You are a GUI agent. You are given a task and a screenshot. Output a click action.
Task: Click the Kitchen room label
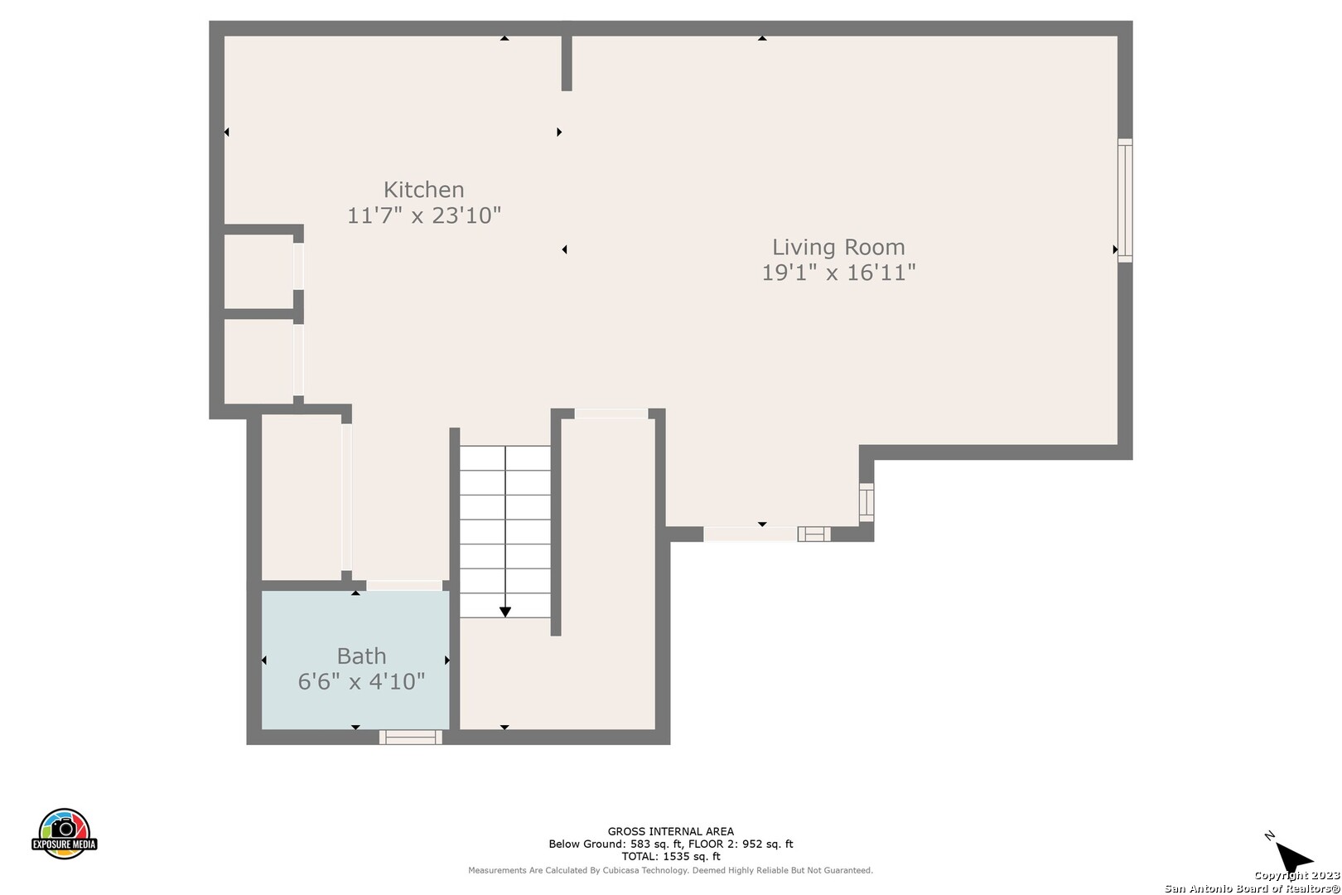pos(423,190)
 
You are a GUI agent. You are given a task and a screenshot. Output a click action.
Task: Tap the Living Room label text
pos(838,247)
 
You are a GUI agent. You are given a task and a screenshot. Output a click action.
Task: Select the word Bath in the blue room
pos(361,656)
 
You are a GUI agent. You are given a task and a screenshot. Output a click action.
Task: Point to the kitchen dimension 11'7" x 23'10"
pos(423,215)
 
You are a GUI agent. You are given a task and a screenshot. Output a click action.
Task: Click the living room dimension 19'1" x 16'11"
pos(838,273)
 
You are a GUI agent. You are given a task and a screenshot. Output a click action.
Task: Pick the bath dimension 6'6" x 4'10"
pos(361,681)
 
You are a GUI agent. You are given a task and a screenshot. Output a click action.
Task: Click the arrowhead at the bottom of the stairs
pos(505,612)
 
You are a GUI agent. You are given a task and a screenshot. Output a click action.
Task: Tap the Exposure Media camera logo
pos(64,833)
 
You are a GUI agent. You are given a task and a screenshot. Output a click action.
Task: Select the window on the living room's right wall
pos(1125,201)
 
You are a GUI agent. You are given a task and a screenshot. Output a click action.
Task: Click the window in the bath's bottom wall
pos(410,737)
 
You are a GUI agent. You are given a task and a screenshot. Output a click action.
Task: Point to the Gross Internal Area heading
pos(670,831)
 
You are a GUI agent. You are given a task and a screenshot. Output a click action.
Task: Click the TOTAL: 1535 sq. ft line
pos(670,857)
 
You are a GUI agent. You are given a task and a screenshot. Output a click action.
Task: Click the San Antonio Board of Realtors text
pos(1253,889)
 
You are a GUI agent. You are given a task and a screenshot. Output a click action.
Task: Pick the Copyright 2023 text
pos(1297,876)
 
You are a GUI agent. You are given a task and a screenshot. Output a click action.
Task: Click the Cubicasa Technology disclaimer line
pos(670,870)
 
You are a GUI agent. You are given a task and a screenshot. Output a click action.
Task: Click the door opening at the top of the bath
pos(404,585)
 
